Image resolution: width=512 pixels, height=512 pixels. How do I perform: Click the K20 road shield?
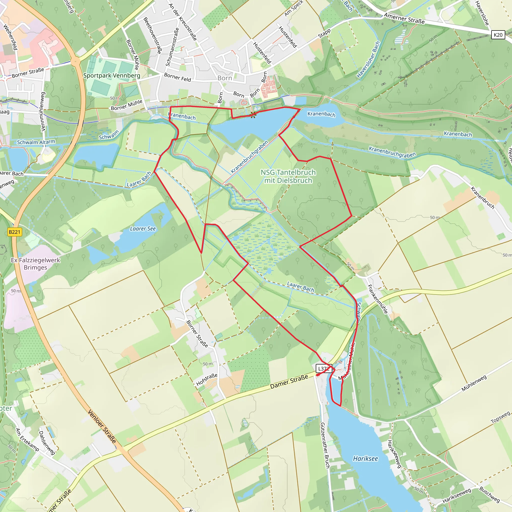pyautogui.click(x=498, y=35)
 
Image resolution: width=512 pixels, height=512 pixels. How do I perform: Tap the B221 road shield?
pyautogui.click(x=14, y=232)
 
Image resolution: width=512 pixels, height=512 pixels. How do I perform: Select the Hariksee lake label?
pyautogui.click(x=365, y=458)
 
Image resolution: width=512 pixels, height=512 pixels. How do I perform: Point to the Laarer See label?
pyautogui.click(x=143, y=229)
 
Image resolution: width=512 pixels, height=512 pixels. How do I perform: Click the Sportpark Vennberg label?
pyautogui.click(x=111, y=75)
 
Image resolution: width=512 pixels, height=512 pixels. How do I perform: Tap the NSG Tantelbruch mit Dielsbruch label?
pyautogui.click(x=288, y=176)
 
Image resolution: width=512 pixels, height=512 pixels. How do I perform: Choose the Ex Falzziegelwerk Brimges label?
pyautogui.click(x=35, y=264)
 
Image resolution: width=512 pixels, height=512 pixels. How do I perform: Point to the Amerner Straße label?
pyautogui.click(x=404, y=18)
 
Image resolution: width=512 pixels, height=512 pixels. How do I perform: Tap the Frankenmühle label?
pyautogui.click(x=378, y=299)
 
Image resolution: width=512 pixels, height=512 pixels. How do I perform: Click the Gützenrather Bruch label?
pyautogui.click(x=325, y=445)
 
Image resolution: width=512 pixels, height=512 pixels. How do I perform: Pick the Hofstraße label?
pyautogui.click(x=207, y=379)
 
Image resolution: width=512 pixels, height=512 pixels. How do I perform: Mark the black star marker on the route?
pyautogui.click(x=253, y=114)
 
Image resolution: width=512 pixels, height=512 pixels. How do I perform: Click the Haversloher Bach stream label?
pyautogui.click(x=368, y=60)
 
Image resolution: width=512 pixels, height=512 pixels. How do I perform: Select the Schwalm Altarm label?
pyautogui.click(x=36, y=142)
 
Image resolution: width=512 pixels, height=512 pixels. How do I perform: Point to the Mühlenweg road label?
pyautogui.click(x=474, y=383)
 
